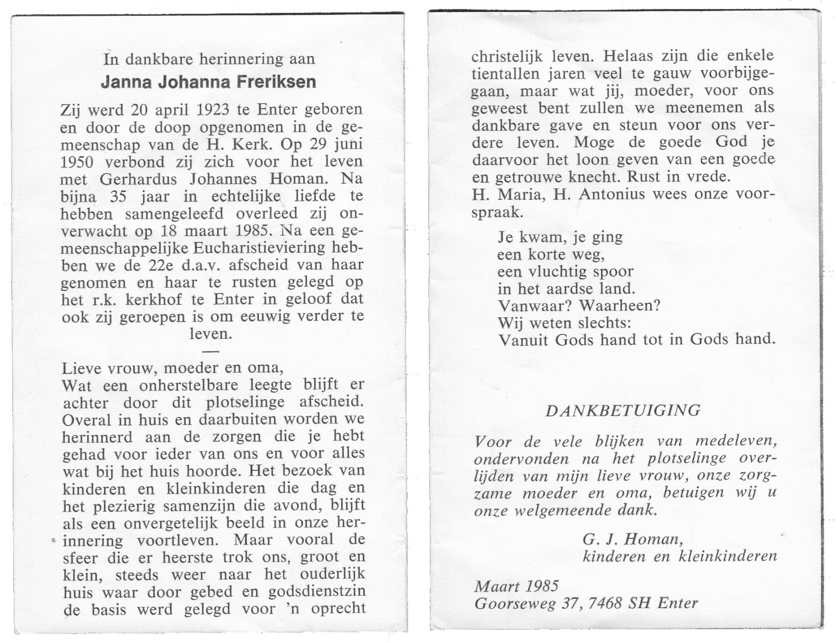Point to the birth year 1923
pos(213,110)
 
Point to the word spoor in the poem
pos(614,272)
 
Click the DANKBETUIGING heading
pos(623,411)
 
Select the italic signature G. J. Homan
pos(632,539)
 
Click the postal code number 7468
pos(604,603)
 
